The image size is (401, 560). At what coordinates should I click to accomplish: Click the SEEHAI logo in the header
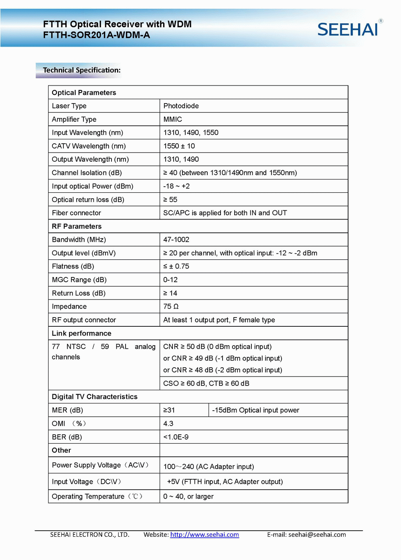pyautogui.click(x=348, y=29)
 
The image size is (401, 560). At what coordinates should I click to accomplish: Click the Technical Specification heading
pyautogui.click(x=81, y=70)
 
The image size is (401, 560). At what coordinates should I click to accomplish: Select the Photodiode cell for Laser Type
pyautogui.click(x=181, y=106)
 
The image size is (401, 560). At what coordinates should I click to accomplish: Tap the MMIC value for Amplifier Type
pyautogui.click(x=173, y=119)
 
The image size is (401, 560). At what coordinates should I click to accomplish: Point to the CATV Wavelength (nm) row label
pyautogui.click(x=89, y=146)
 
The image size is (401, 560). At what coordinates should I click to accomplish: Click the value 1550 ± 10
pyautogui.click(x=179, y=146)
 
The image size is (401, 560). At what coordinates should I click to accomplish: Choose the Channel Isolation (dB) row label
pyautogui.click(x=87, y=173)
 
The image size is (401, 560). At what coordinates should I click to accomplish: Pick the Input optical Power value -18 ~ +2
pyautogui.click(x=176, y=186)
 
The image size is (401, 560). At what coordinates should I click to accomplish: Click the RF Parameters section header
pyautogui.click(x=77, y=226)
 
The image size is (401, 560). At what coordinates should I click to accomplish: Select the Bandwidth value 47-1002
pyautogui.click(x=176, y=240)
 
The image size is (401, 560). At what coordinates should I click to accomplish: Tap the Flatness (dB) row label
pyautogui.click(x=73, y=267)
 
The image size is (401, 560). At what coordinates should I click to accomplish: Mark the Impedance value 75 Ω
pyautogui.click(x=171, y=307)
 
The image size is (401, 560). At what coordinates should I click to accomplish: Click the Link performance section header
pyautogui.click(x=81, y=334)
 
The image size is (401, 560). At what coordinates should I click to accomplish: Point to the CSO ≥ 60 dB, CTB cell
pyautogui.click(x=206, y=383)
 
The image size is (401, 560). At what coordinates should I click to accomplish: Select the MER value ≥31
pyautogui.click(x=169, y=410)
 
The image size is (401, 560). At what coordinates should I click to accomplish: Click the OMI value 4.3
pyautogui.click(x=168, y=424)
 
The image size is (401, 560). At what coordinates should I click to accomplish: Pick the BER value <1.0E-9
pyautogui.click(x=176, y=437)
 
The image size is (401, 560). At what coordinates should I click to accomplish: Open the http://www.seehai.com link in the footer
pyautogui.click(x=205, y=535)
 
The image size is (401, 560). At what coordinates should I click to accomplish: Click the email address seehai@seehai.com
pyautogui.click(x=317, y=535)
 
